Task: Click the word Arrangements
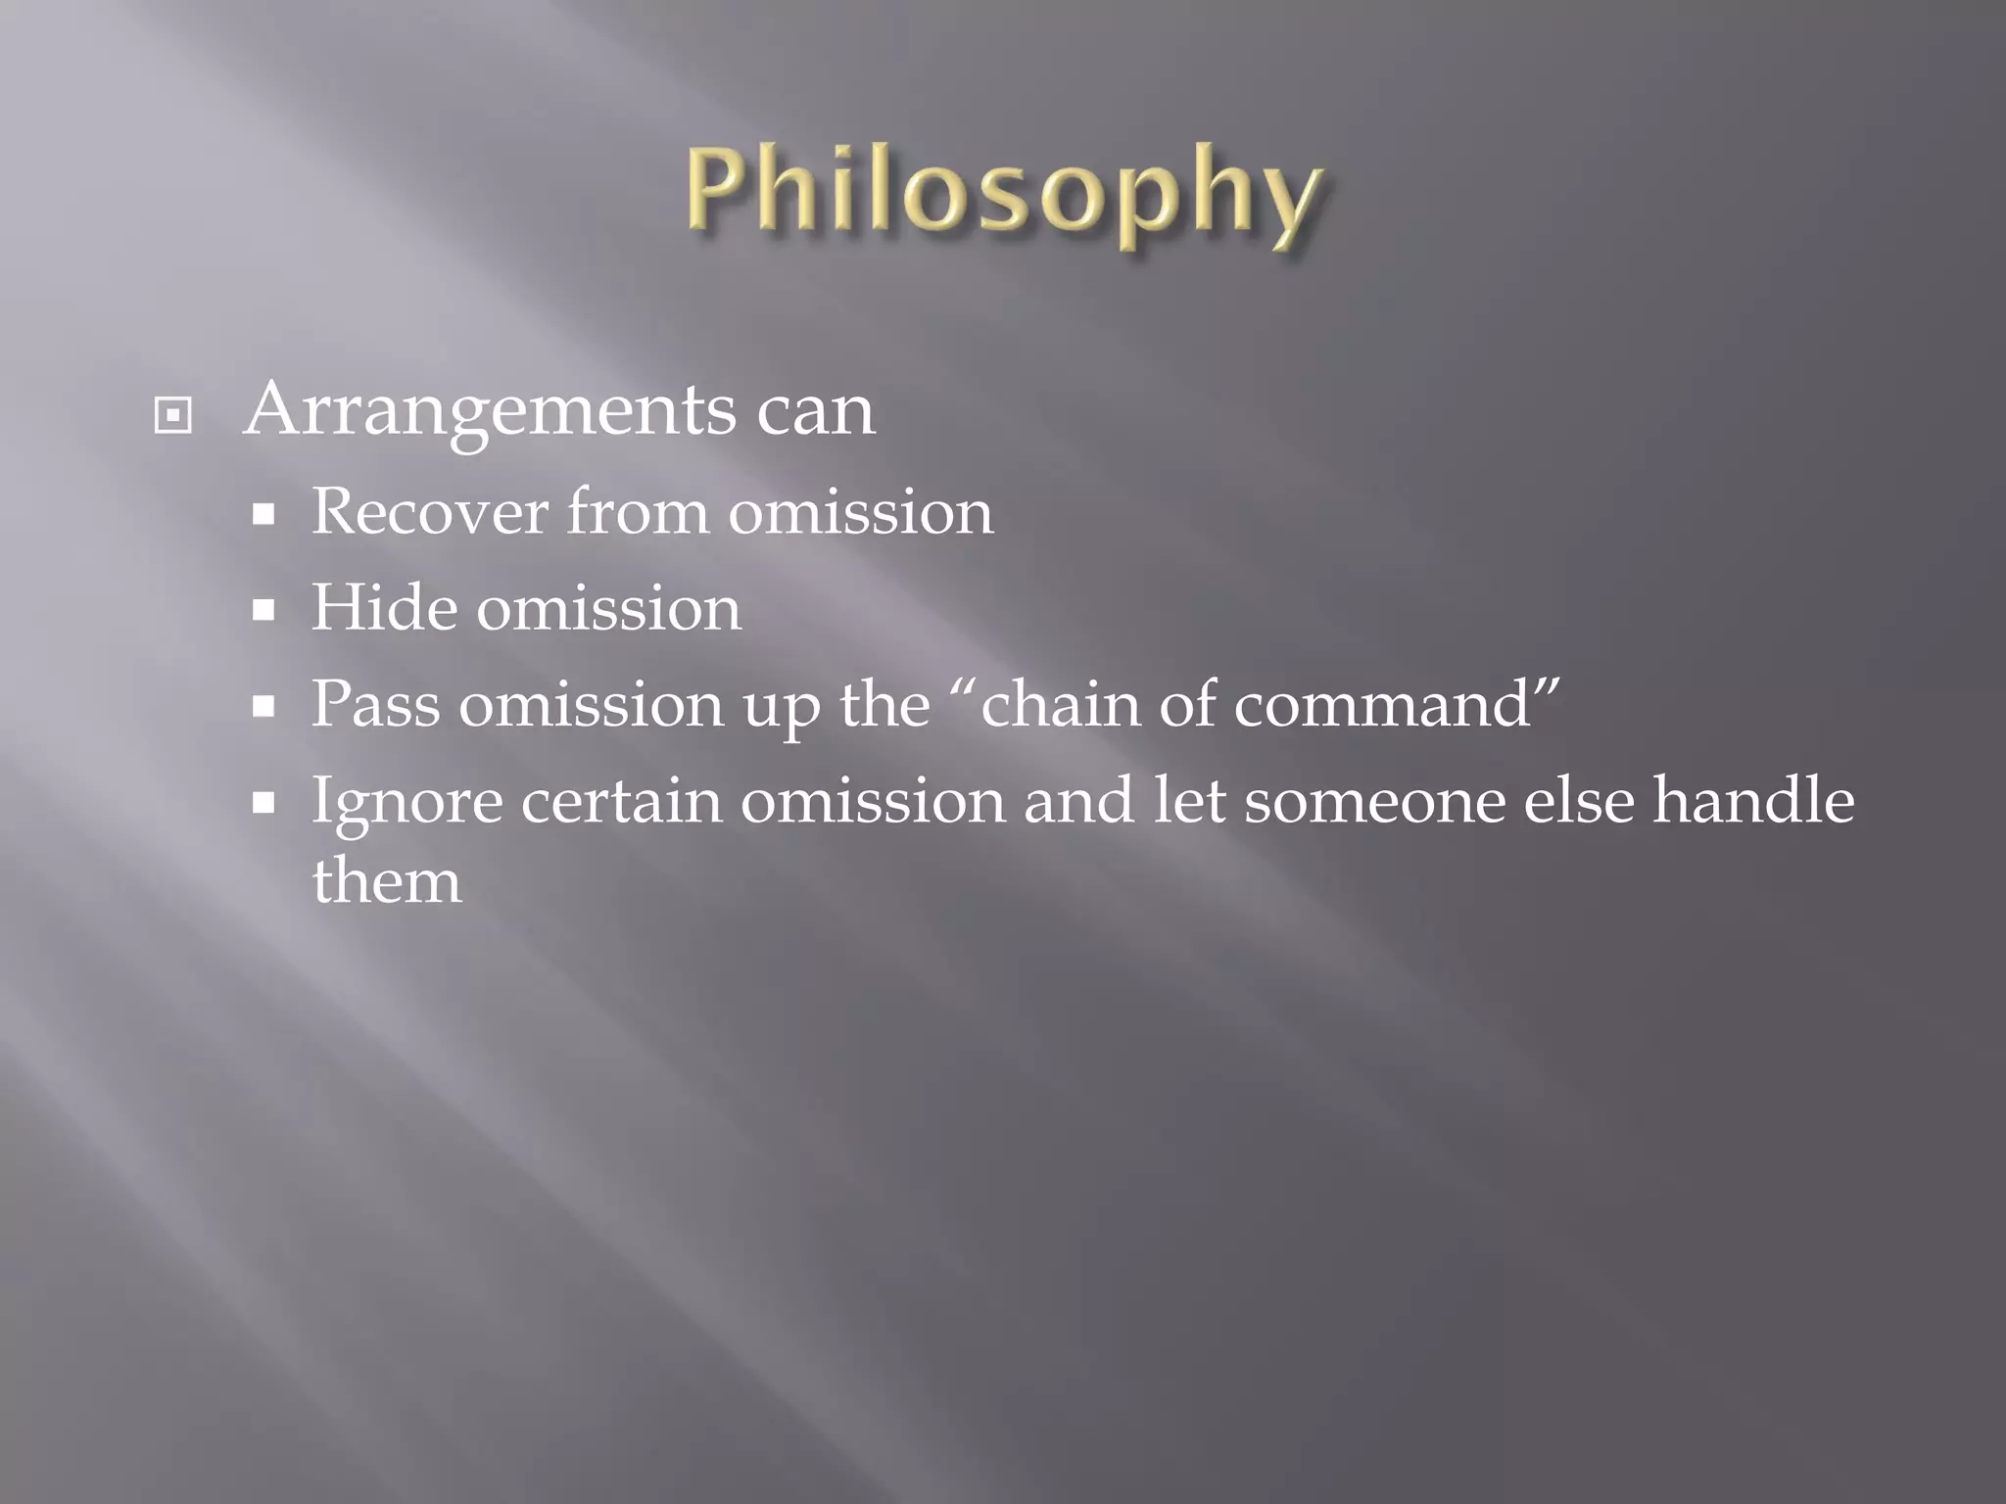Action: (x=490, y=411)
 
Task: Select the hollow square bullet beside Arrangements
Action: (x=172, y=416)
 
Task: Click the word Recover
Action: (x=429, y=512)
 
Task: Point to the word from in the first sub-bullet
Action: (x=638, y=512)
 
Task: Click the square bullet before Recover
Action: (x=263, y=515)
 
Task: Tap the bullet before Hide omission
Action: (x=263, y=611)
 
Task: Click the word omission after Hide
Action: (x=608, y=608)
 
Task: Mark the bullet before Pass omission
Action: (x=263, y=707)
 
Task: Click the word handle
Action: (x=1753, y=800)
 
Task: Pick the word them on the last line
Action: (x=386, y=880)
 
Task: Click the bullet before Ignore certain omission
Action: (x=263, y=804)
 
